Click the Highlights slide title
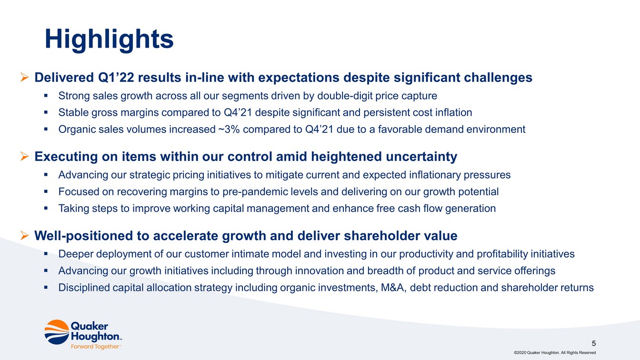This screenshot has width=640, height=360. [109, 40]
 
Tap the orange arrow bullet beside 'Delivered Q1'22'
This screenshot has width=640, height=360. [25, 78]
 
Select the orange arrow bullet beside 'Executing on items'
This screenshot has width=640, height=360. [25, 157]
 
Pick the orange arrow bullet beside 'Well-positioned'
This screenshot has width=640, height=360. [25, 236]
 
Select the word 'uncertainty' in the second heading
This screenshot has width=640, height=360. [421, 157]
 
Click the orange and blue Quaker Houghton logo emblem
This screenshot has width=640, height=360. [57, 332]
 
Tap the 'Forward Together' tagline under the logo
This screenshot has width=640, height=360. [95, 347]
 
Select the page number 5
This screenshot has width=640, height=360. [594, 343]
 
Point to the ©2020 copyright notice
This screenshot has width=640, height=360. [555, 352]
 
